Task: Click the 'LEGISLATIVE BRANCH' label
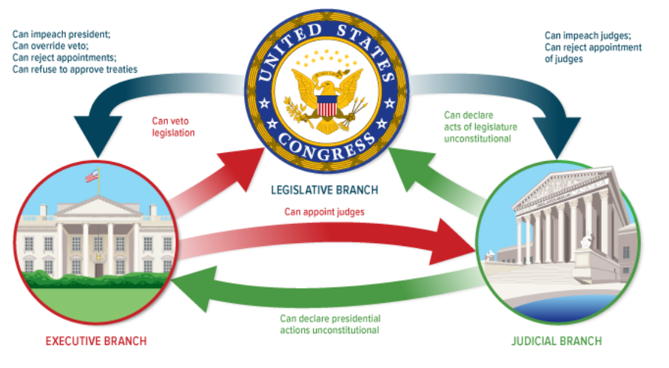click(334, 190)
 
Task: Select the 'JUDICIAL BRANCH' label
click(556, 341)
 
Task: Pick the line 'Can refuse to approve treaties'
click(75, 69)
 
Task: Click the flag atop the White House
click(91, 176)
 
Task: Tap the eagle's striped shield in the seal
click(326, 108)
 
